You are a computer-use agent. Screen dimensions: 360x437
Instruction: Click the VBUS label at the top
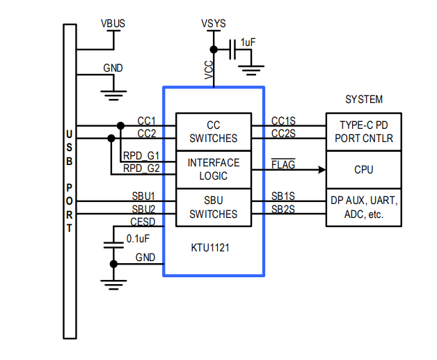tap(113, 23)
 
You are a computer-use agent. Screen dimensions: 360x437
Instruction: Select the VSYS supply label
tap(213, 23)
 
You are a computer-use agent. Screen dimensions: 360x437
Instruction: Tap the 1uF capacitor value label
tap(248, 42)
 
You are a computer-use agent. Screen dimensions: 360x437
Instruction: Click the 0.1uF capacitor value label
tap(138, 238)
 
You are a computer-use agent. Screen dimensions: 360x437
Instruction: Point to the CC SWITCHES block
tap(213, 132)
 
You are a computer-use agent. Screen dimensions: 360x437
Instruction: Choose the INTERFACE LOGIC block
tap(213, 169)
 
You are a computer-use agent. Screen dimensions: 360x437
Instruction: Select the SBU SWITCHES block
tap(213, 207)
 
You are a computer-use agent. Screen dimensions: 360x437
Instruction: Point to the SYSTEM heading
tap(364, 100)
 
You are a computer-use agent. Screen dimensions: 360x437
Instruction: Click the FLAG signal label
tap(283, 164)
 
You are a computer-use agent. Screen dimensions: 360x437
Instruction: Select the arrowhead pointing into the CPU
tap(321, 169)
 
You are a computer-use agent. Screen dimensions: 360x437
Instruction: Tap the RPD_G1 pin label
tap(141, 155)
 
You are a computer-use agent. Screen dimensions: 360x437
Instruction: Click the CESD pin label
tap(143, 221)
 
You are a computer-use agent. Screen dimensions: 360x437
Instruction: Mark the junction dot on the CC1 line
tap(120, 126)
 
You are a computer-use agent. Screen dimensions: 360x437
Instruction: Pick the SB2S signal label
tap(283, 209)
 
